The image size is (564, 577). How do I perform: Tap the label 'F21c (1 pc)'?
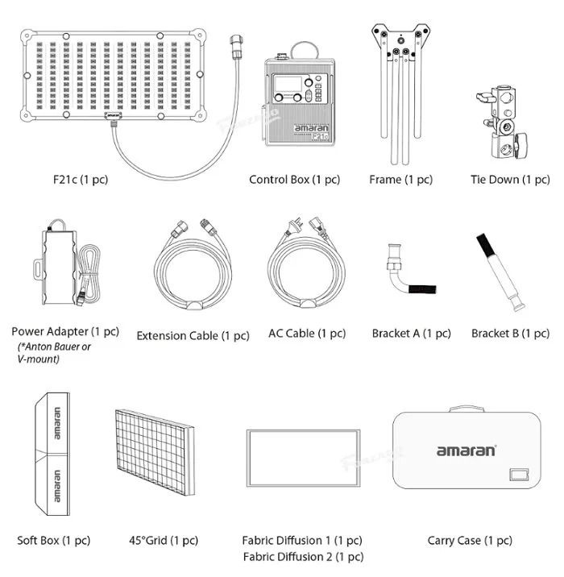click(x=77, y=179)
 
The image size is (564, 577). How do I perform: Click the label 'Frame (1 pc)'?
click(x=400, y=179)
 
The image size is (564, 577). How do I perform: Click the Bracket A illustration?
click(x=404, y=279)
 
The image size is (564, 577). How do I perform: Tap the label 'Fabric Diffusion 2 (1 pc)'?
click(x=302, y=557)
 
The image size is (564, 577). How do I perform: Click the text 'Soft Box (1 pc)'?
click(x=54, y=540)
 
